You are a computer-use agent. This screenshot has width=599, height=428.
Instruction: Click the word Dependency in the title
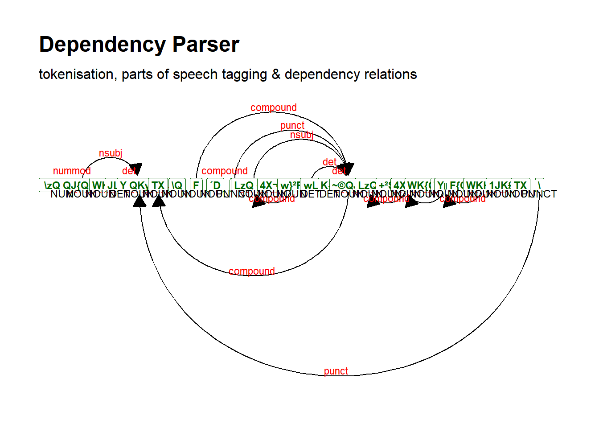pos(102,45)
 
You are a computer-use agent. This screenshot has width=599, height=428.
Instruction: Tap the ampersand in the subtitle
pos(276,74)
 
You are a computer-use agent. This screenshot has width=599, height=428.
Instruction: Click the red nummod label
pos(72,171)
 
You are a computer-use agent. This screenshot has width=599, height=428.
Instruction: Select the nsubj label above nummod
pos(111,153)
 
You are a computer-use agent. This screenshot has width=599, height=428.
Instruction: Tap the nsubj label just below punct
pos(302,135)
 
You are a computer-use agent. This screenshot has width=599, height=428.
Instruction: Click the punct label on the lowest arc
pos(336,371)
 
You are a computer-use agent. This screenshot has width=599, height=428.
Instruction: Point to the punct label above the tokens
pos(292,125)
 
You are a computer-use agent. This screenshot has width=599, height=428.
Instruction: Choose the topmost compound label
pos(274,107)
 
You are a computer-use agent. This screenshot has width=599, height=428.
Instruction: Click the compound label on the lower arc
pos(252,271)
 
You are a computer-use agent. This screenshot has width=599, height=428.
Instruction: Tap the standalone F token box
pos(196,185)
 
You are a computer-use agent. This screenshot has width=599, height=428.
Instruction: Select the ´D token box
pos(216,185)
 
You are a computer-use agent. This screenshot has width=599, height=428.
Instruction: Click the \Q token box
pos(177,185)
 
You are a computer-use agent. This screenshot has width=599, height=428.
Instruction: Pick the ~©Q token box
pos(342,185)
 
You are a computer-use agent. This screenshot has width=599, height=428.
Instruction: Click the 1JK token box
pos(499,185)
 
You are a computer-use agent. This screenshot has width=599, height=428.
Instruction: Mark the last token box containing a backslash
pos(539,185)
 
